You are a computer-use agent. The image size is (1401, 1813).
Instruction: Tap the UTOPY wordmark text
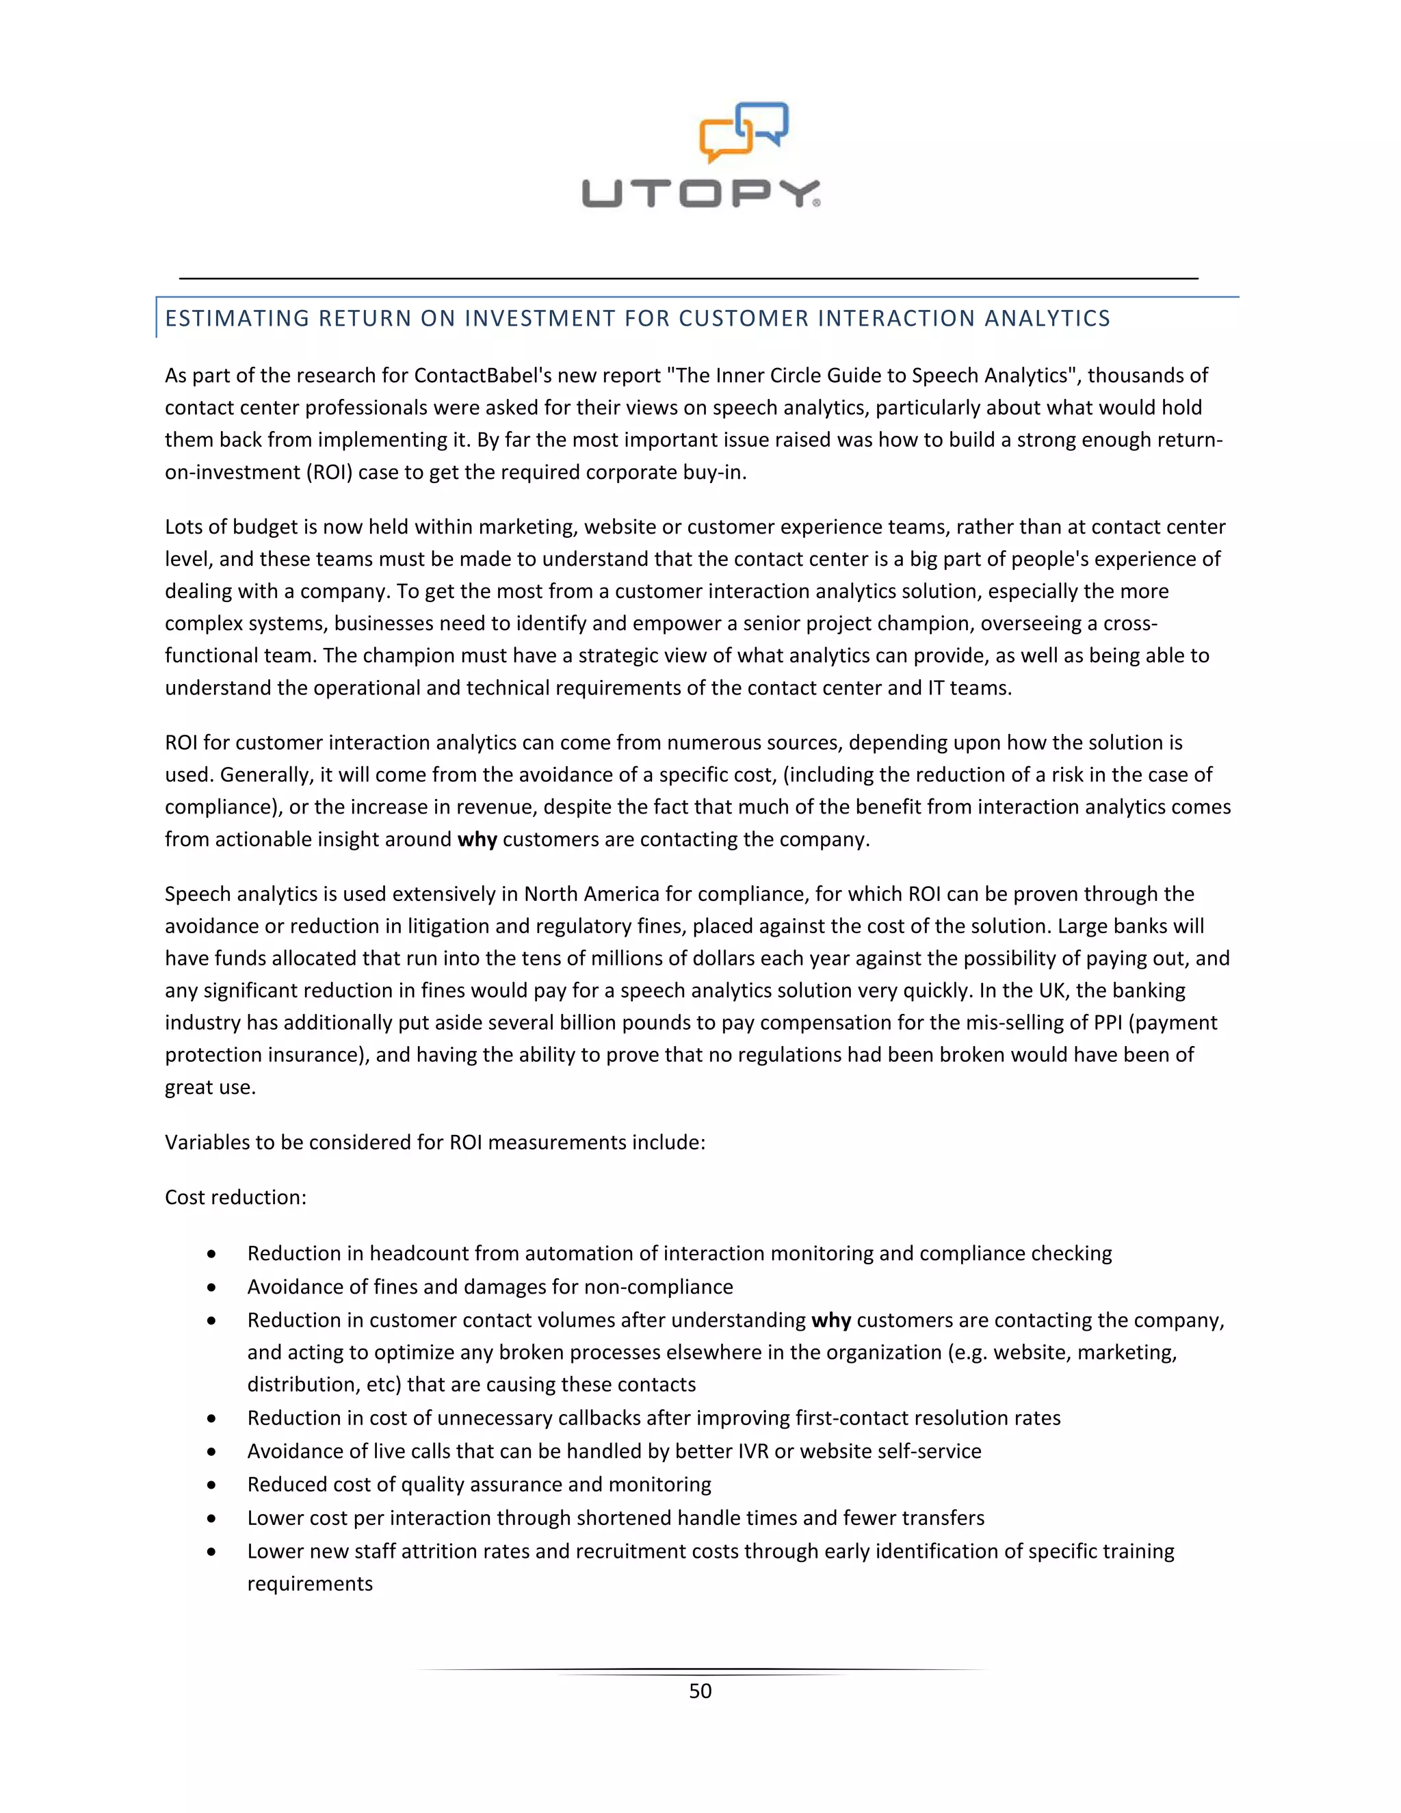pos(700,194)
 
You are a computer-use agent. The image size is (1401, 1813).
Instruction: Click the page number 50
pos(700,1691)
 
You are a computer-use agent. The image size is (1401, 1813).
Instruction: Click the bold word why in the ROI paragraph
pos(476,839)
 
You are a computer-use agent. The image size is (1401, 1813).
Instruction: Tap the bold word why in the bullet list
pos(830,1320)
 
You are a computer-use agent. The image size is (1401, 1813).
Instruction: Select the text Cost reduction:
pos(236,1197)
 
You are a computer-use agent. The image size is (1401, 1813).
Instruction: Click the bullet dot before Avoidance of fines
pos(213,1288)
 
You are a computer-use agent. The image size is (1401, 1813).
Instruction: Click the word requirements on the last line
pos(310,1584)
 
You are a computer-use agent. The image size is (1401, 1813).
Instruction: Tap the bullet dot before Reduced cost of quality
pos(213,1485)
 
